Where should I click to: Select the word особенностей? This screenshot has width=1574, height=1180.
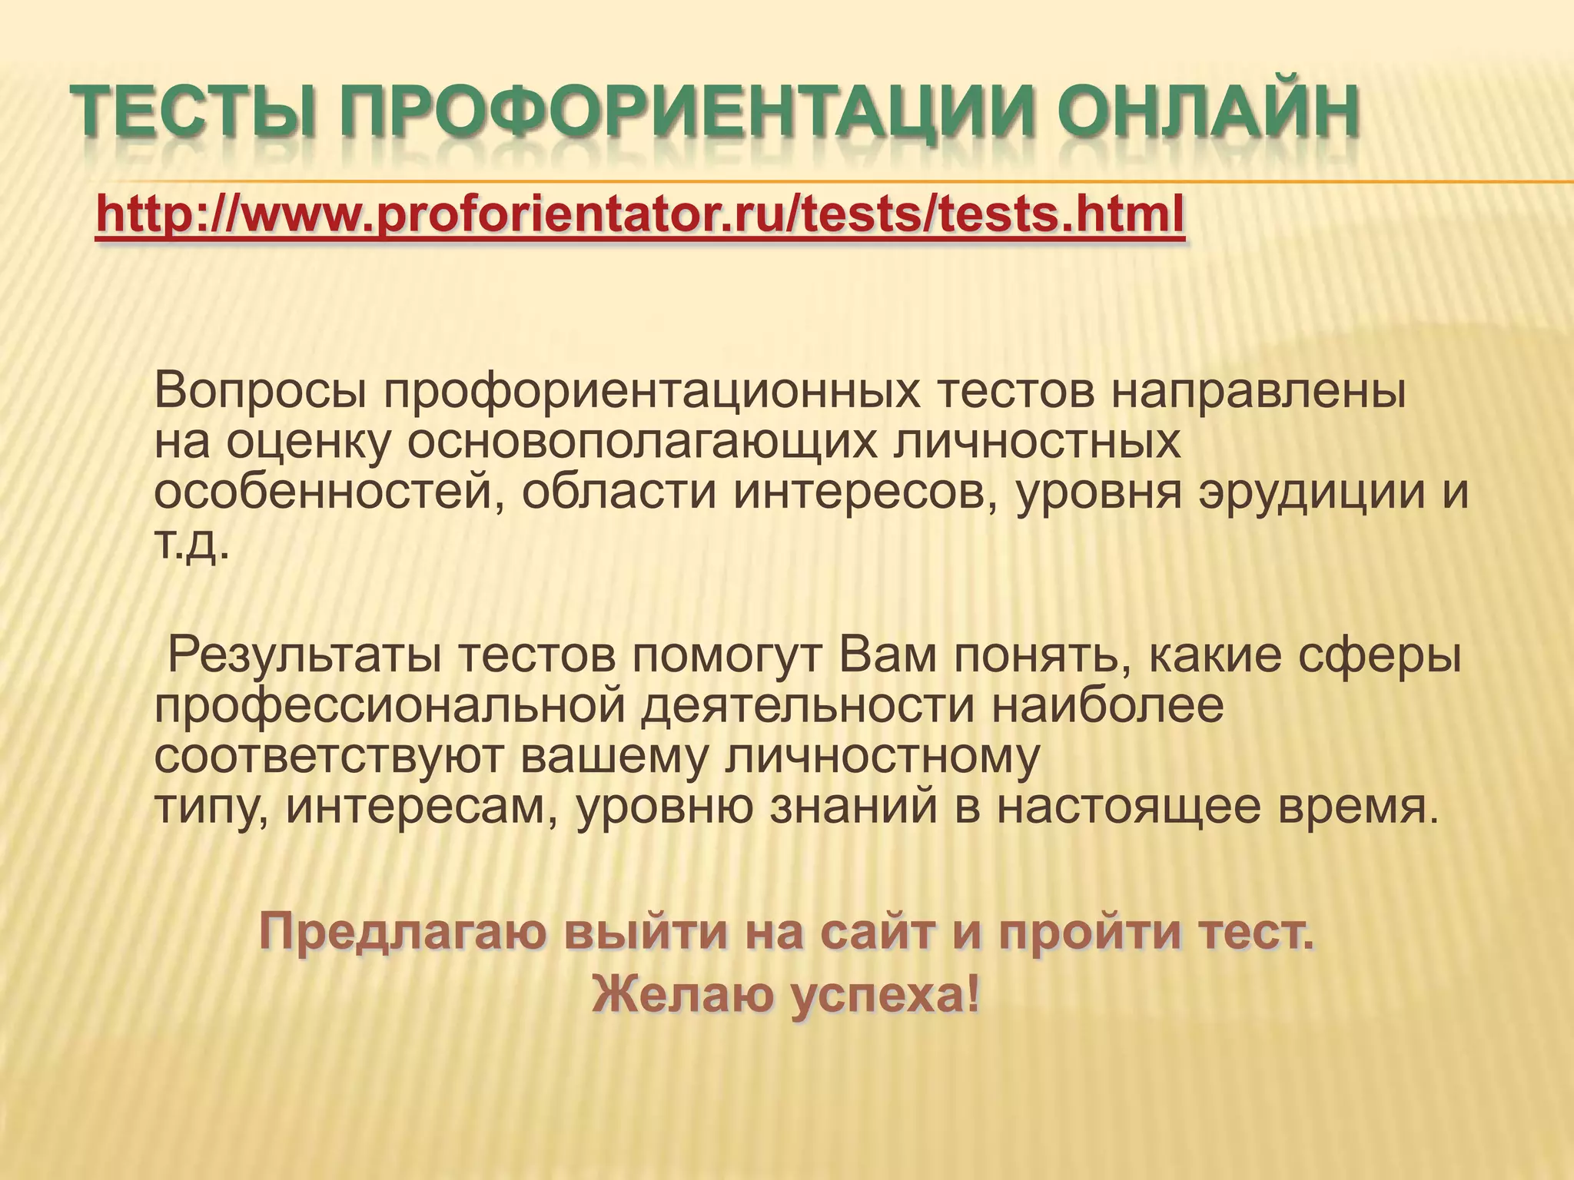tap(330, 494)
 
